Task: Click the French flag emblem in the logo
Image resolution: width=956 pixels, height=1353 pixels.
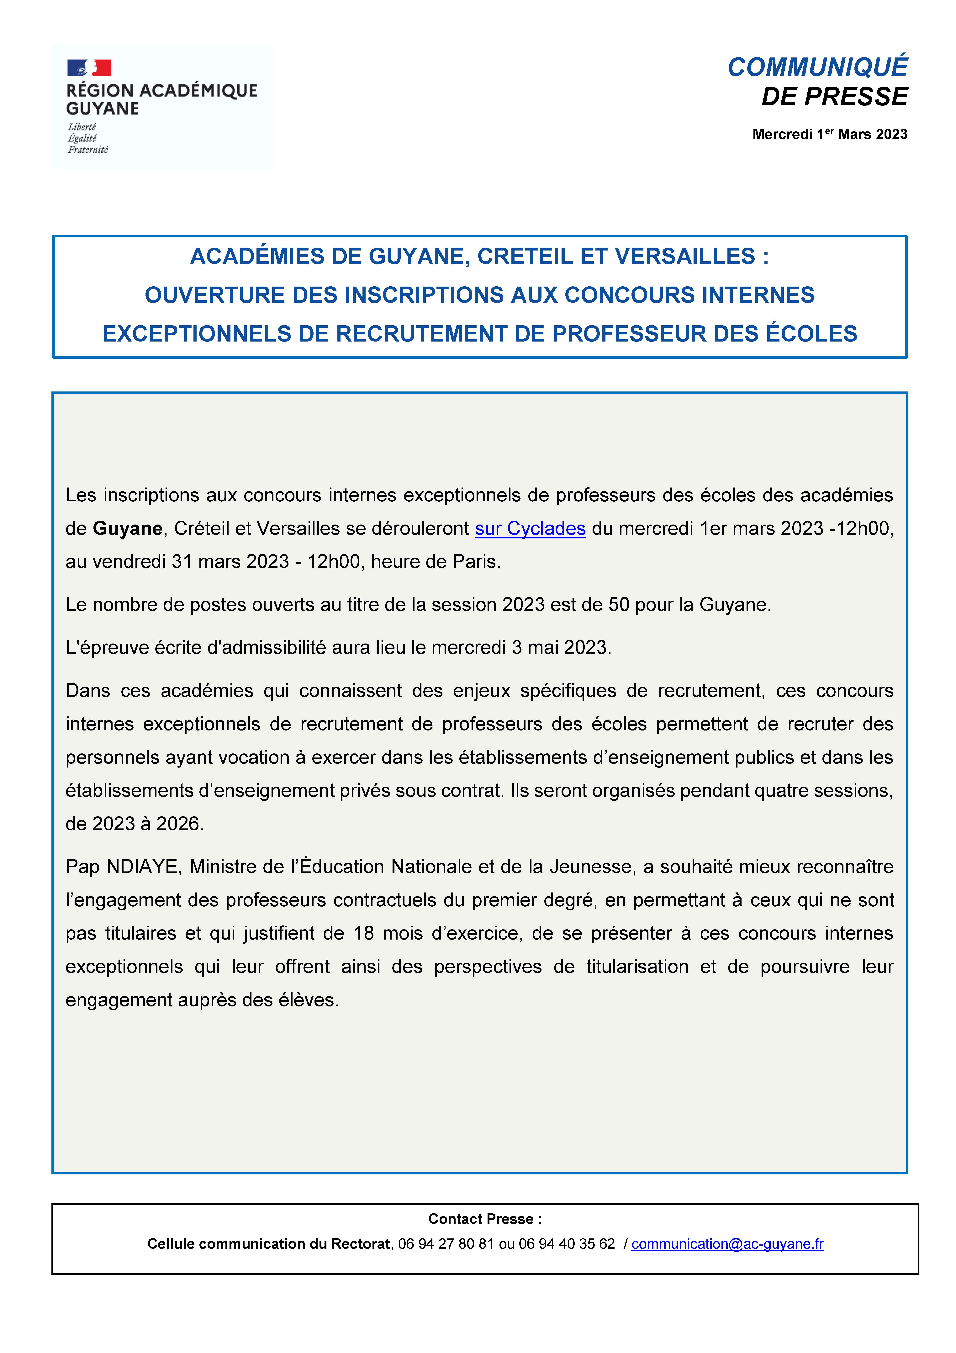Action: click(89, 68)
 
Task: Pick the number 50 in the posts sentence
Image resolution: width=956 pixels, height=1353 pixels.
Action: click(619, 605)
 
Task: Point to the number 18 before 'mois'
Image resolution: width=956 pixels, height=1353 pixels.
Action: click(364, 933)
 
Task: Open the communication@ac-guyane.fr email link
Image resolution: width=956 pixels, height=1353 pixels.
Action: click(727, 1244)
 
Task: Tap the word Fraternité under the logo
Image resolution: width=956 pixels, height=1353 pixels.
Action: click(88, 150)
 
